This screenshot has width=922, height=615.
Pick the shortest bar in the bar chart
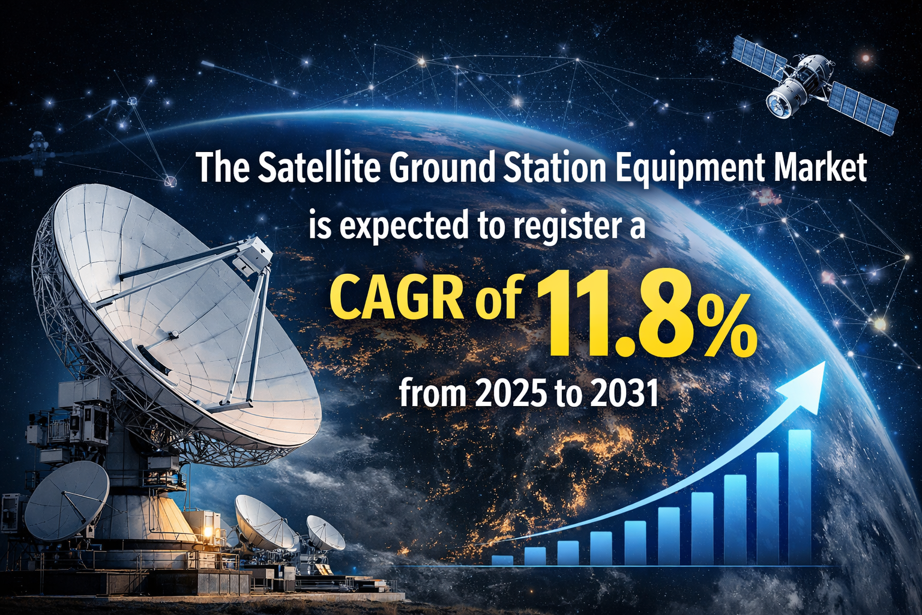click(502, 560)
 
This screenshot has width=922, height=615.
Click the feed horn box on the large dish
click(253, 255)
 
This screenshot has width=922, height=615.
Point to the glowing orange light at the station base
click(208, 532)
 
